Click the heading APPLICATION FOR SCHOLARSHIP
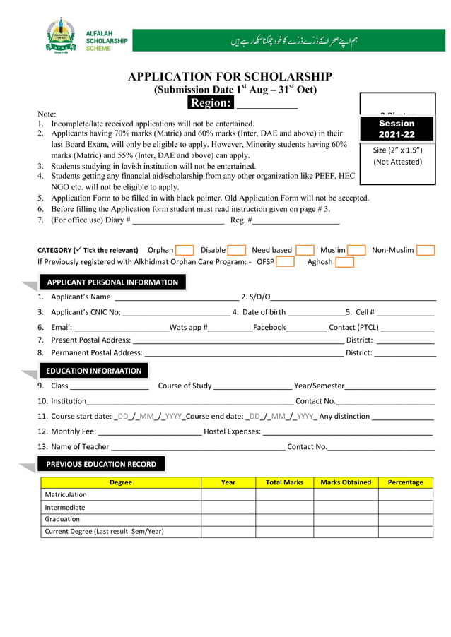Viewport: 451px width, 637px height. click(x=230, y=77)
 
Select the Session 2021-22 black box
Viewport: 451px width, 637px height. click(x=397, y=129)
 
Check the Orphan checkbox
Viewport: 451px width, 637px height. click(x=184, y=250)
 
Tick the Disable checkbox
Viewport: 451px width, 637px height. click(x=237, y=250)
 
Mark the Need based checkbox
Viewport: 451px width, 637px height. click(x=305, y=250)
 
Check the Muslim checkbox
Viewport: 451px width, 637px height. click(x=356, y=250)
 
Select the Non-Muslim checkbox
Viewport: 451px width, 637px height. click(x=426, y=250)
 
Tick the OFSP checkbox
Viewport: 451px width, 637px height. click(x=286, y=262)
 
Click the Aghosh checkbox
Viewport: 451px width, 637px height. click(x=344, y=262)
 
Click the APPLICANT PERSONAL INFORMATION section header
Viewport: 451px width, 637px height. click(x=112, y=282)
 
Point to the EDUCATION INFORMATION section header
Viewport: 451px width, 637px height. click(x=94, y=371)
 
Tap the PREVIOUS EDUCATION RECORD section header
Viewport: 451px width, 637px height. click(x=101, y=464)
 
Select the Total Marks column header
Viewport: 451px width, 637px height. click(x=284, y=482)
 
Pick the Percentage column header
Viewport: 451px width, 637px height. click(x=405, y=482)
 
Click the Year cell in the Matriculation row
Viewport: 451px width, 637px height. click(x=228, y=495)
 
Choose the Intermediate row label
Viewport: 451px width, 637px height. click(x=65, y=507)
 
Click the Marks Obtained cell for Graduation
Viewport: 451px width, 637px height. click(x=346, y=519)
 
